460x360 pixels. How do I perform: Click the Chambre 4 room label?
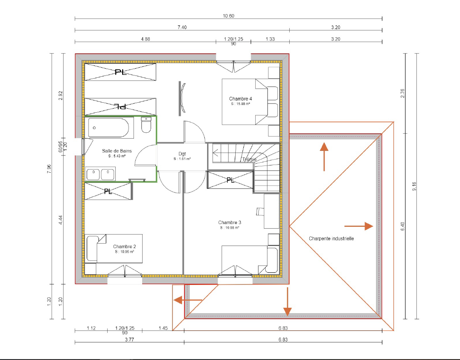240,99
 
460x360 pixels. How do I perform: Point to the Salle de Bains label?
114,150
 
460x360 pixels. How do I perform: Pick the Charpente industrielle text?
331,238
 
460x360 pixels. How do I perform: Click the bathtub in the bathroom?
109,128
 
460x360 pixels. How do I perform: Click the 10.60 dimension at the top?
228,16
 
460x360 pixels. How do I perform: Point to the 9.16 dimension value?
414,187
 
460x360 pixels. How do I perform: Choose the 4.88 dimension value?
145,40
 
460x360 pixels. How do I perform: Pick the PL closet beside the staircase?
230,180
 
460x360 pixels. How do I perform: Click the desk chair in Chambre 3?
260,211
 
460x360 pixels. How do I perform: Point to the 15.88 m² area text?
240,104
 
